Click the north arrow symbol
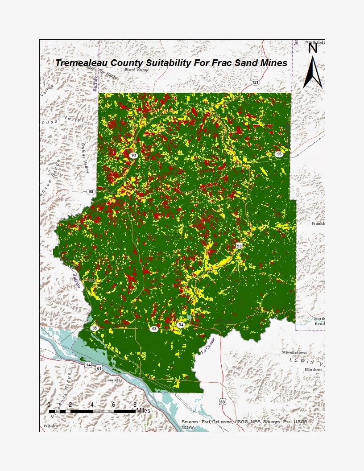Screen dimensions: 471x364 (313, 71)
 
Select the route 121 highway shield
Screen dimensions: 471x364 (255, 83)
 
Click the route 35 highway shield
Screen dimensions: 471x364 (94, 328)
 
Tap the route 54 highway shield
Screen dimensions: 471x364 (180, 325)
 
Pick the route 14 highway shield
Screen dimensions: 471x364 (88, 365)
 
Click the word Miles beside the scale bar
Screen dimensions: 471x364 (144, 410)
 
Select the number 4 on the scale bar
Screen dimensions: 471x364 (92, 405)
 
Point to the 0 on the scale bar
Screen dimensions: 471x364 (49, 405)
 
